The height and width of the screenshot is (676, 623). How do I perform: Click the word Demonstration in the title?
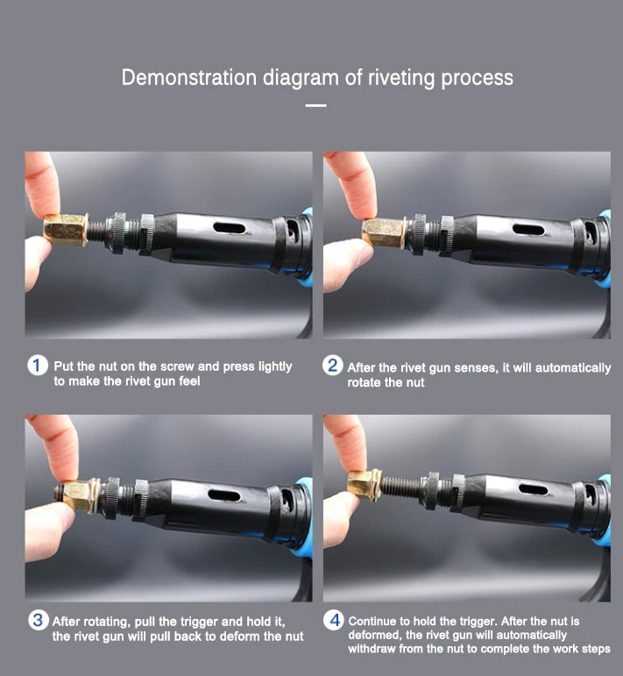pos(188,78)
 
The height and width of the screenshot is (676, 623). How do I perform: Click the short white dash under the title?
pos(315,105)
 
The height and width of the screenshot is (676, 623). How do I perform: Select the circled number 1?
pos(38,366)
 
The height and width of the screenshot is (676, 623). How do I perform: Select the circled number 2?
pos(333,366)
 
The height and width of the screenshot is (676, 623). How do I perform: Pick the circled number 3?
pos(38,620)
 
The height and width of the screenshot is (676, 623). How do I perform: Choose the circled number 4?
pos(334,620)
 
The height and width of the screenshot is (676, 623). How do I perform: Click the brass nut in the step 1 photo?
pos(66,230)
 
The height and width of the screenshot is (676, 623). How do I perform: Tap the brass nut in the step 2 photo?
pos(383,232)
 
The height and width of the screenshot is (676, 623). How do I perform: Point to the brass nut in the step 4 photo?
pos(364,486)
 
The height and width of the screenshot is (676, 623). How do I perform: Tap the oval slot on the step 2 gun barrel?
pos(528,230)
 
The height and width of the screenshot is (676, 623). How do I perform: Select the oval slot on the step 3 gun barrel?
pos(224,495)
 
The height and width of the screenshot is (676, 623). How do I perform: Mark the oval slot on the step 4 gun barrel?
pos(534,490)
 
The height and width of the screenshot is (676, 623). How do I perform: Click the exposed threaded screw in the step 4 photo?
pos(401,487)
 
